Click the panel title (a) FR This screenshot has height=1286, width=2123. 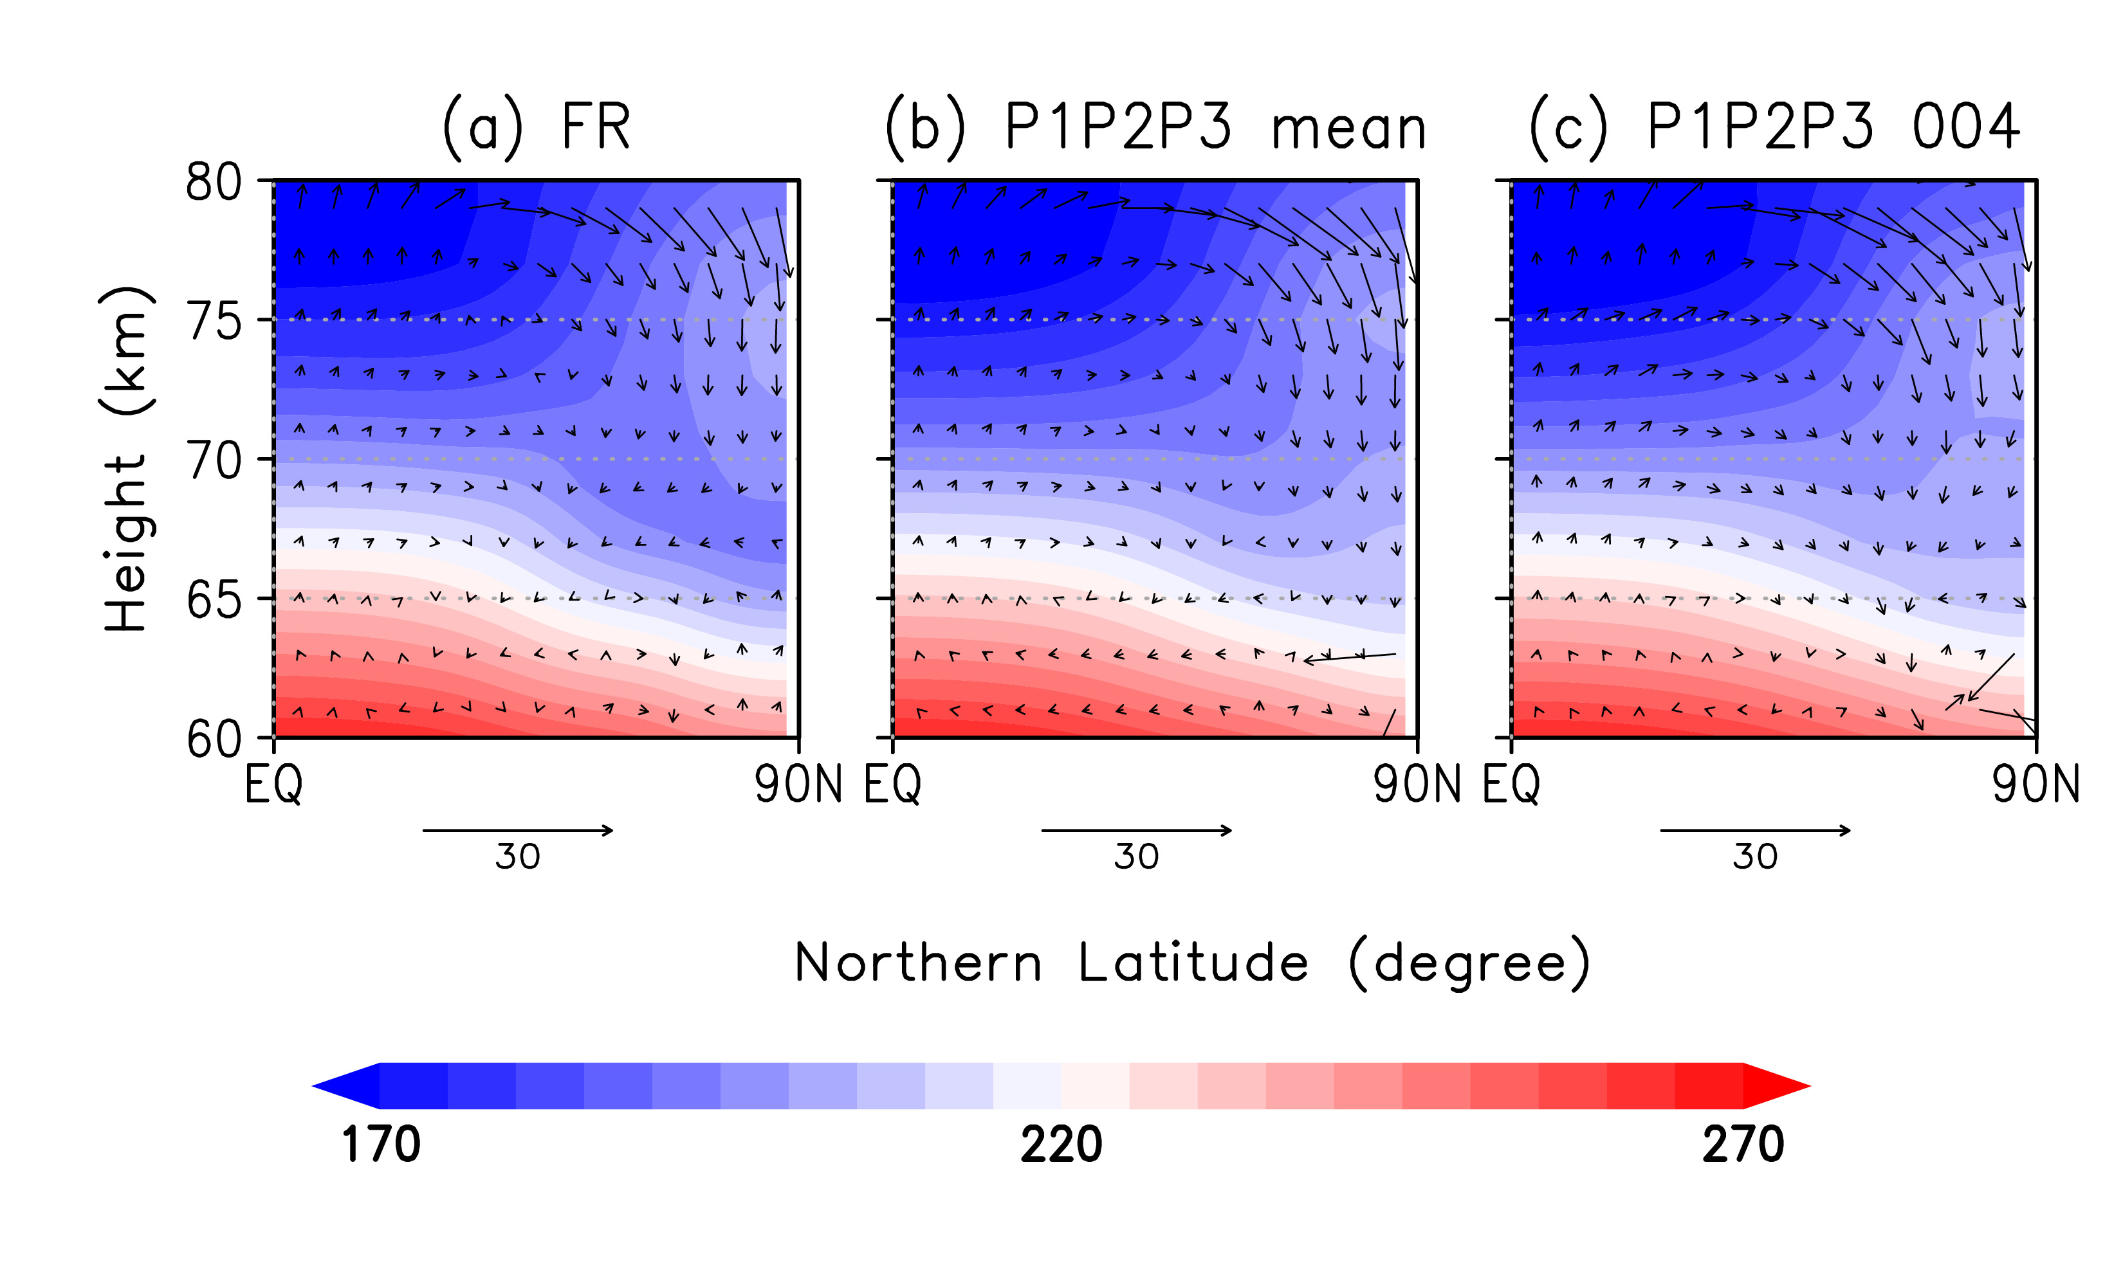[x=536, y=127]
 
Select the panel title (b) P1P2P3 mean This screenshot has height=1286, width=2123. [x=1155, y=127]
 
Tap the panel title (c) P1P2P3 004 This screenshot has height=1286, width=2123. [x=1774, y=127]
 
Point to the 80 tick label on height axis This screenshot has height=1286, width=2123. [x=214, y=183]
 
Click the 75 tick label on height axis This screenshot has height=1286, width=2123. [x=214, y=322]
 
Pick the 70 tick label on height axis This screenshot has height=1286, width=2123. [x=214, y=461]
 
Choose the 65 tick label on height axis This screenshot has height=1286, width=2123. [x=214, y=601]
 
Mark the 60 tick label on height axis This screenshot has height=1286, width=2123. [x=214, y=739]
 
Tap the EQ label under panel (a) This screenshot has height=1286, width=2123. [x=274, y=784]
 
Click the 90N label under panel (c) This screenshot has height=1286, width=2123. [x=2035, y=784]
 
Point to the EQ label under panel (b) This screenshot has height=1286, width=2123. [x=893, y=784]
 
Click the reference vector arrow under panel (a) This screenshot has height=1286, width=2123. [x=518, y=830]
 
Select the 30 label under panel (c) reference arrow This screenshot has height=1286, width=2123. [x=1755, y=857]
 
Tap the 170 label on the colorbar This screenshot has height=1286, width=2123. [x=381, y=1145]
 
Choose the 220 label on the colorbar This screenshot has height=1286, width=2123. [x=1061, y=1145]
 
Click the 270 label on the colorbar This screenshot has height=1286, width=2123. [x=1742, y=1145]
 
